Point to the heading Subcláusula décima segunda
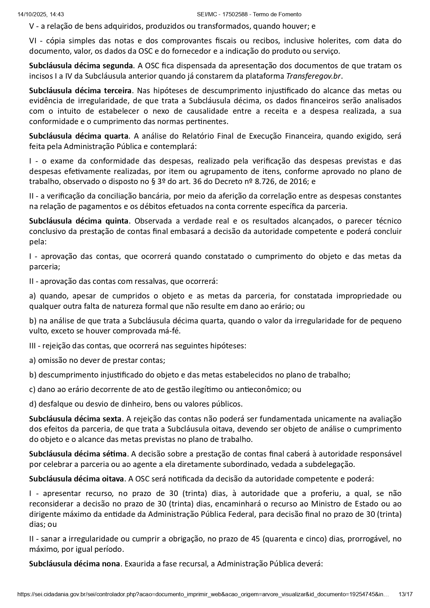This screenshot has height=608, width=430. tap(81, 66)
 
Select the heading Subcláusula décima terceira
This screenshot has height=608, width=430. tap(80, 91)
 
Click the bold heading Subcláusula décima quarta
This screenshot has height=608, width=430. tap(79, 136)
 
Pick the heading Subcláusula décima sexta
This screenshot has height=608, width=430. tap(75, 419)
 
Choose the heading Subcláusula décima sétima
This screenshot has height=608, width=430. tap(78, 454)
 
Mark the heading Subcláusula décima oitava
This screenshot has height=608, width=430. tap(76, 479)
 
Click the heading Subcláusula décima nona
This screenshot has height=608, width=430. tap(75, 564)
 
